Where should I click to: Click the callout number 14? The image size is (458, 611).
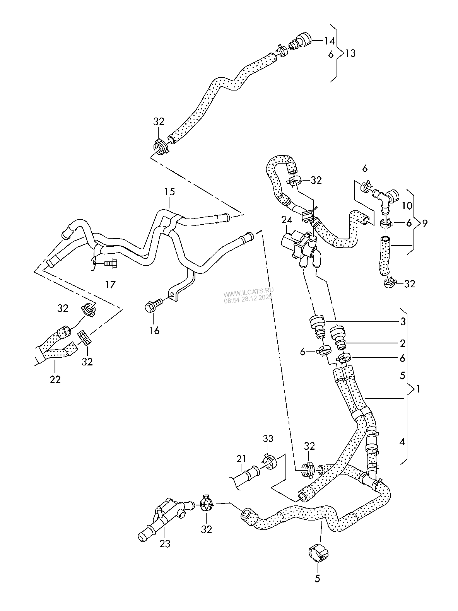329,41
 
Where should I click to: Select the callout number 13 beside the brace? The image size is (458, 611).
350,53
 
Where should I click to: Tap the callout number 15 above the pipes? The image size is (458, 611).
169,192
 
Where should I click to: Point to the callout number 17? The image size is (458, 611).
110,285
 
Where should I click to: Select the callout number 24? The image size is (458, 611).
287,220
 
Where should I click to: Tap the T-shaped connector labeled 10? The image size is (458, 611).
384,196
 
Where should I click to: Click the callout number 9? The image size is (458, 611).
425,223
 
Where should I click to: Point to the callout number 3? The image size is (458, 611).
402,321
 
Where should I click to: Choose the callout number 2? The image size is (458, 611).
402,343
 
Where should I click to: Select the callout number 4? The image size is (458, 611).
402,441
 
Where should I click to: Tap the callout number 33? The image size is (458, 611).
268,439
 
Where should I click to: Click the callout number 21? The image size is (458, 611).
241,459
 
